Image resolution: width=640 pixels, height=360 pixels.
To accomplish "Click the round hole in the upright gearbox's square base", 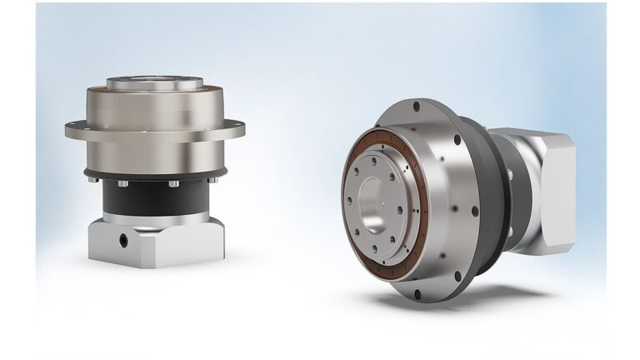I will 123,238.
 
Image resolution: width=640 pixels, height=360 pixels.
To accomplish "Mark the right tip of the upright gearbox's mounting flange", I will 242,127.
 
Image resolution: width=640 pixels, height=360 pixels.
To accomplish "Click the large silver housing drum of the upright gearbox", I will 155,142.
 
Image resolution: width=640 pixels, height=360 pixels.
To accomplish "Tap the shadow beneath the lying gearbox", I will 467,305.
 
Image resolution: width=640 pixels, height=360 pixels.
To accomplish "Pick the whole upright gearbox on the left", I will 155,167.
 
